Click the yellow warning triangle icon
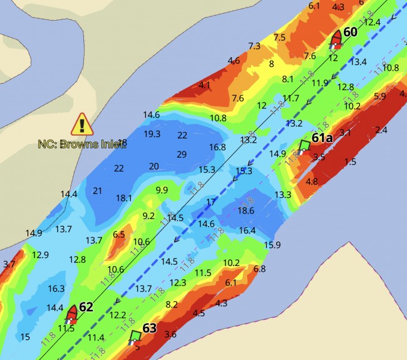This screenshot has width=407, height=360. [83, 125]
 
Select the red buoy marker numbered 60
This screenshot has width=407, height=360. [336, 38]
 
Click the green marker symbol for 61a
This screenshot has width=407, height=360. [304, 147]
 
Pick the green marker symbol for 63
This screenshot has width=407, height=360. [134, 337]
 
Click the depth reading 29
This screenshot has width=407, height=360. [182, 154]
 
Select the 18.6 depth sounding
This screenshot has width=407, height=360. [246, 211]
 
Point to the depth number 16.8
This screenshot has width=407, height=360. [217, 147]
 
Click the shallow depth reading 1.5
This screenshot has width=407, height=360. [350, 162]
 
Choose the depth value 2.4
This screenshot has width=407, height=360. [381, 130]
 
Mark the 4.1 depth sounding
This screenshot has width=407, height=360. [204, 85]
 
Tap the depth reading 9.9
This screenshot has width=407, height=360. [162, 190]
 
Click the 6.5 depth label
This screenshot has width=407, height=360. [119, 234]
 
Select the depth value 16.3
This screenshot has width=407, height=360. [56, 289]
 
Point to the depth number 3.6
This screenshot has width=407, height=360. [170, 334]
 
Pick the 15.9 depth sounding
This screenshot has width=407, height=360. [272, 244]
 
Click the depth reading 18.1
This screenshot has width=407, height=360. [124, 198]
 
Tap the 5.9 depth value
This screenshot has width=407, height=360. [379, 96]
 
